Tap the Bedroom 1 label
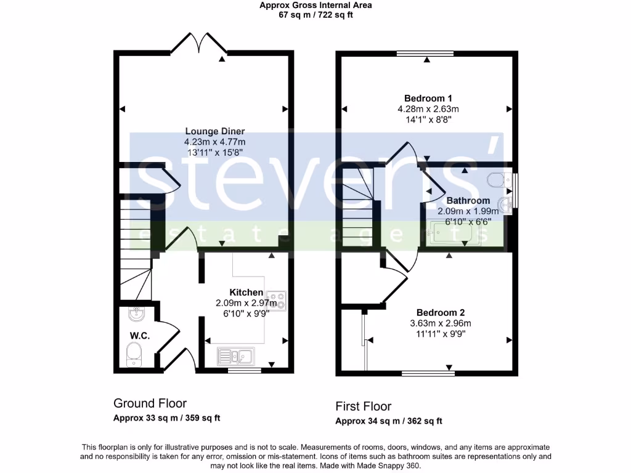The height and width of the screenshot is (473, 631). tap(428, 98)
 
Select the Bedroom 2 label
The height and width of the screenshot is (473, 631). tap(440, 312)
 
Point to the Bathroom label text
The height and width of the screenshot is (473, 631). tap(468, 201)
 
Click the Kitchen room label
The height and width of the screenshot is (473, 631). tap(246, 292)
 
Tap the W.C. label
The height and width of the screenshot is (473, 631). tap(140, 335)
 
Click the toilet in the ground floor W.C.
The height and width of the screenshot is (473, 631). tap(133, 354)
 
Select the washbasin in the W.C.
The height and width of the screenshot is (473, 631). tap(136, 314)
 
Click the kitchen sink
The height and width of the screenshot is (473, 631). tap(235, 355)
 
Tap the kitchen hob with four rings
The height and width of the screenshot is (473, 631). tap(275, 300)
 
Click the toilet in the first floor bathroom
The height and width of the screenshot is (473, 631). tap(496, 180)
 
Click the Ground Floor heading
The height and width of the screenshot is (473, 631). tap(150, 403)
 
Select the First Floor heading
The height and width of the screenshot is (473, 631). tap(363, 406)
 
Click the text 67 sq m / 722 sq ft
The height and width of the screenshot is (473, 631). tap(315, 15)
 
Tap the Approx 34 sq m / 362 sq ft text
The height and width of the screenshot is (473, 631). tap(388, 421)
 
